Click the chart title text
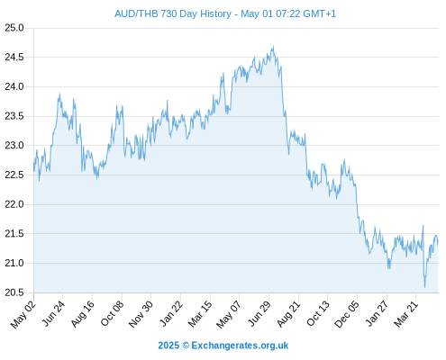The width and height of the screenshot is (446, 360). coord(225,13)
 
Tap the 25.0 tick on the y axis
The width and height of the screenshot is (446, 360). coord(14,28)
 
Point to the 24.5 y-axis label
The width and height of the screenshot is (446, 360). coord(14,58)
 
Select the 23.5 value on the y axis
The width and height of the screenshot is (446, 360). coord(14,116)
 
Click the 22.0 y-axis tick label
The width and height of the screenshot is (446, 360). coord(14,204)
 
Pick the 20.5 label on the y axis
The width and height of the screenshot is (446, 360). coord(14,292)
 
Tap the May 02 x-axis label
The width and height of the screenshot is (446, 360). coord(23,314)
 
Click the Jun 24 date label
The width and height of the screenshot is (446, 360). coord(53,313)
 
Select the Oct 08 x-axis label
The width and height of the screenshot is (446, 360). coord(112,313)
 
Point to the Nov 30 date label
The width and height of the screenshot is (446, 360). coord(141,314)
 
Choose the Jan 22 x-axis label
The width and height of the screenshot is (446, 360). coord(171,313)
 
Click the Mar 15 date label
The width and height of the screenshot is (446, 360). coord(200,314)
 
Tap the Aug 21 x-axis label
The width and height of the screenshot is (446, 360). coord(288,314)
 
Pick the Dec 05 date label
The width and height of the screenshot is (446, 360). coord(347,314)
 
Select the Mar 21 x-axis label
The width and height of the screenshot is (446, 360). coord(405,314)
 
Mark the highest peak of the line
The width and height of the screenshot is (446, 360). coord(273,46)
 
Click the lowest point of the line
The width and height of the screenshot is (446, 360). coord(424,287)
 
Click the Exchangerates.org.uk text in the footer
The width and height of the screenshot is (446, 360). coord(240,346)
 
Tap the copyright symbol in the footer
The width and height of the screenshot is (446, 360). coord(186,346)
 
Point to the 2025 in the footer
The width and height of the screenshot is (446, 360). coord(168,346)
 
